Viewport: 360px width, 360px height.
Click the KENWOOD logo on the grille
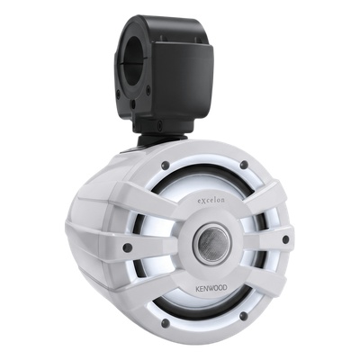click(x=211, y=288)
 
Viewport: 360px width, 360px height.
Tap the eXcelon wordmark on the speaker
click(x=211, y=200)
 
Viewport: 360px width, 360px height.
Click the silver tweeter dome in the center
click(x=213, y=243)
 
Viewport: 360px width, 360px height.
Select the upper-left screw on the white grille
click(x=166, y=165)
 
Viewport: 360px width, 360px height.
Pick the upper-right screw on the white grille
click(x=244, y=165)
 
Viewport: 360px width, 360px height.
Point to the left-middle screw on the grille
click(x=128, y=247)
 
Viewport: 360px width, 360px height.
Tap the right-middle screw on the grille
click(x=285, y=239)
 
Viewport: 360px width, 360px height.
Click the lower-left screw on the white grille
click(x=165, y=323)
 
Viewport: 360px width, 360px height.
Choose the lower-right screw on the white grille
click(x=245, y=315)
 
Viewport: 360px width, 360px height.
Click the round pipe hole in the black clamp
click(x=135, y=61)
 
